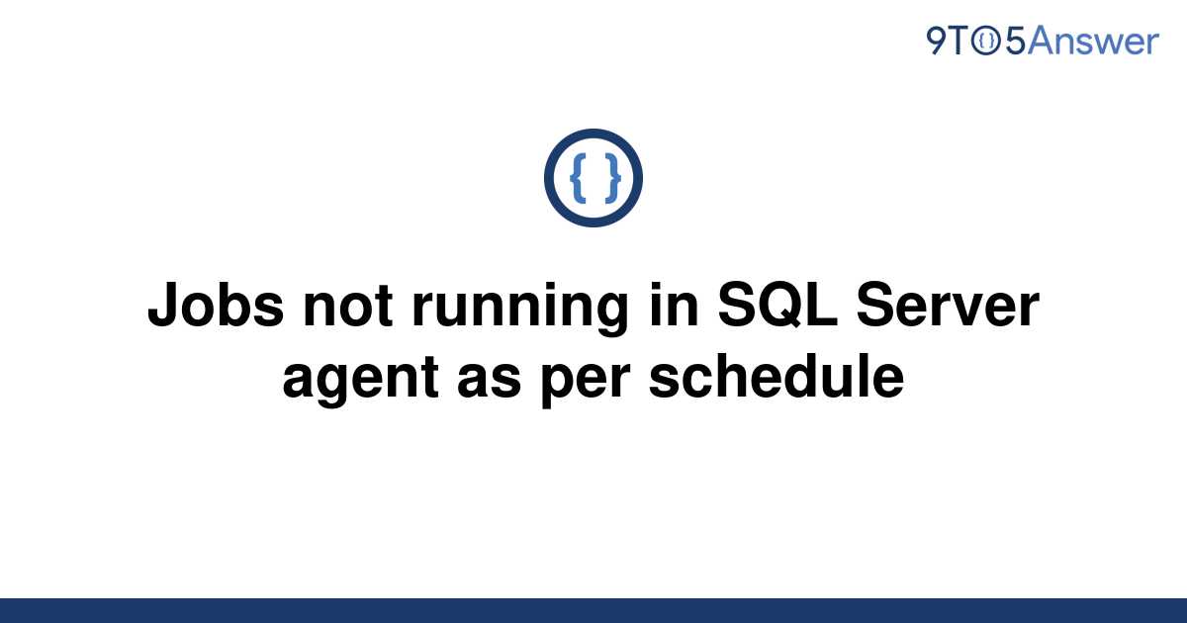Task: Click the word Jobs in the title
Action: tap(217, 306)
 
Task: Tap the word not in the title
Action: tap(347, 307)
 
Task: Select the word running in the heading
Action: tap(520, 311)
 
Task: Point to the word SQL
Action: tap(777, 306)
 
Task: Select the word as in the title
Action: tap(489, 378)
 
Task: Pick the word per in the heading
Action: tap(586, 382)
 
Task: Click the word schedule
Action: tap(776, 376)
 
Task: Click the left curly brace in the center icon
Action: tap(578, 178)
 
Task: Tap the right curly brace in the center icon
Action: tap(612, 178)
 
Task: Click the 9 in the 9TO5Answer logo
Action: tap(937, 41)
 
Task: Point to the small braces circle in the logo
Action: tap(986, 41)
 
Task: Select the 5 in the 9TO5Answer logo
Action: tap(1015, 42)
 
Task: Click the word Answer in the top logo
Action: tap(1093, 41)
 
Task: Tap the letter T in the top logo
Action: tap(959, 41)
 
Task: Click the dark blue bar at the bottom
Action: tap(593, 610)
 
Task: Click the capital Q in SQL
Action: tap(779, 307)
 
